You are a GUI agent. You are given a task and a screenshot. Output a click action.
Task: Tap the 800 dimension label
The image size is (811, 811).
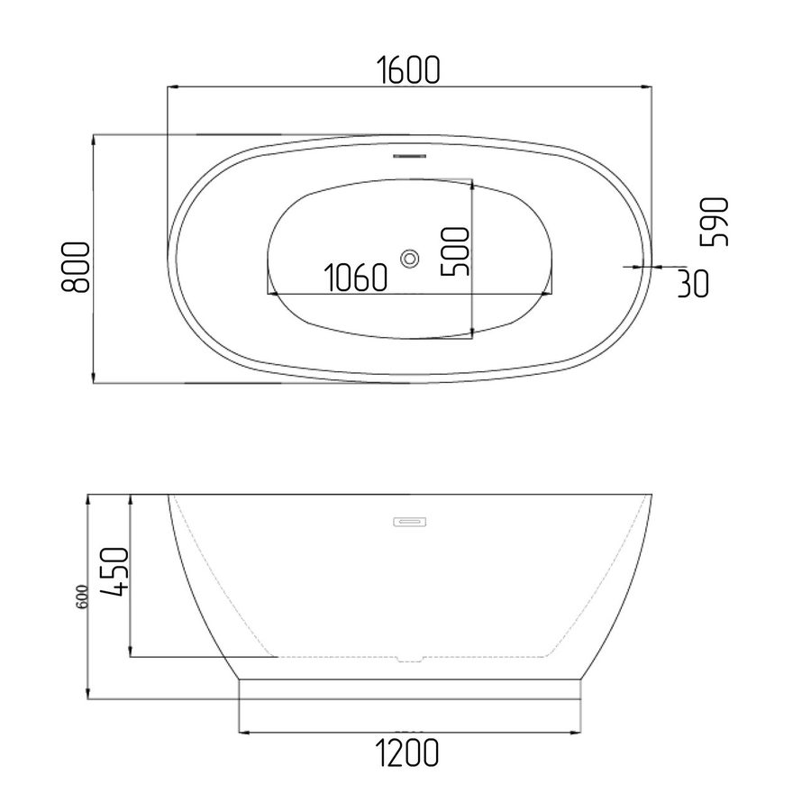[76, 268]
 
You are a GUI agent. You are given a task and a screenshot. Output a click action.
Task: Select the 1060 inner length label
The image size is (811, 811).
[356, 278]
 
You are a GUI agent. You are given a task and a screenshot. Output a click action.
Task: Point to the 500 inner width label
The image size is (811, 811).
[455, 252]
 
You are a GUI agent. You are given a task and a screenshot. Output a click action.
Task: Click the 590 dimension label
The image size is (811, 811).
[714, 222]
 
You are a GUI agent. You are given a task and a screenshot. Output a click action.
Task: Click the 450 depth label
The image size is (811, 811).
[113, 571]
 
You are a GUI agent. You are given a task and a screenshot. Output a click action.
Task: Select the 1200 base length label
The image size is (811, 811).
[407, 752]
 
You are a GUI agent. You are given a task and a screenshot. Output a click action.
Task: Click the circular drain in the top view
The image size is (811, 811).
[410, 259]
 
